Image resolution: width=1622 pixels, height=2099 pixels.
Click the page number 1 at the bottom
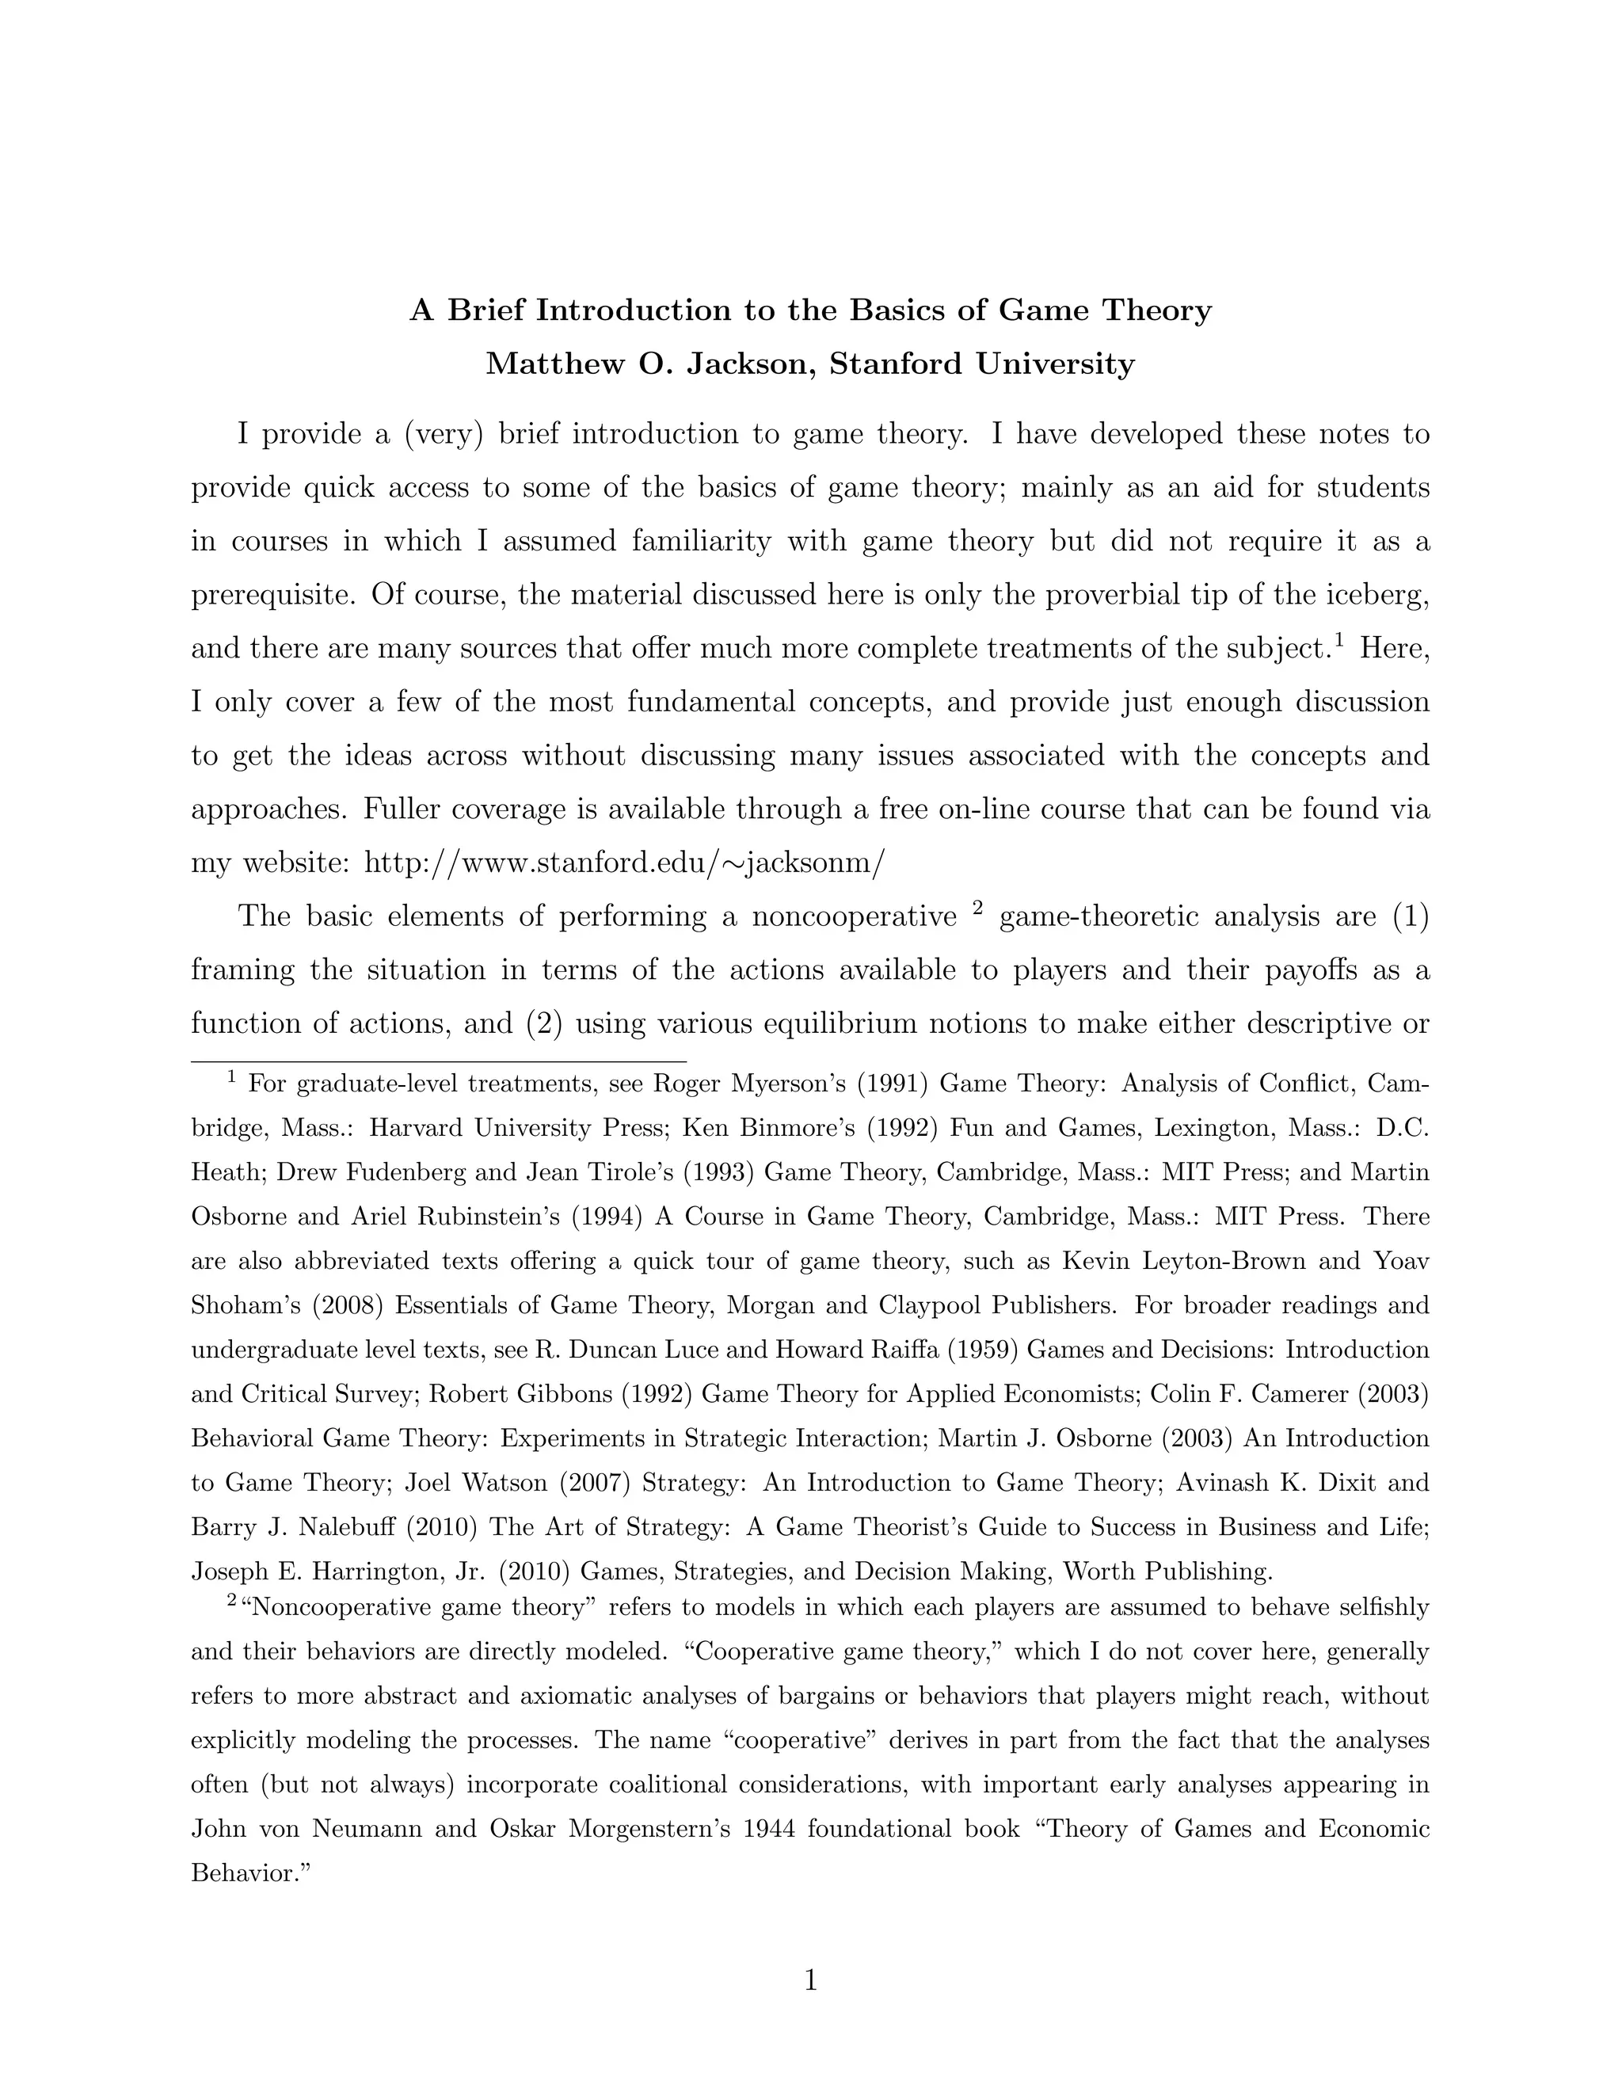coord(810,1980)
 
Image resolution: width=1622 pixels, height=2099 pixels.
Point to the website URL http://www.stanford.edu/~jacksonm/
coord(623,862)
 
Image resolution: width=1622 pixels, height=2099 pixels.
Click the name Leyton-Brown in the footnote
coord(1220,1261)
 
